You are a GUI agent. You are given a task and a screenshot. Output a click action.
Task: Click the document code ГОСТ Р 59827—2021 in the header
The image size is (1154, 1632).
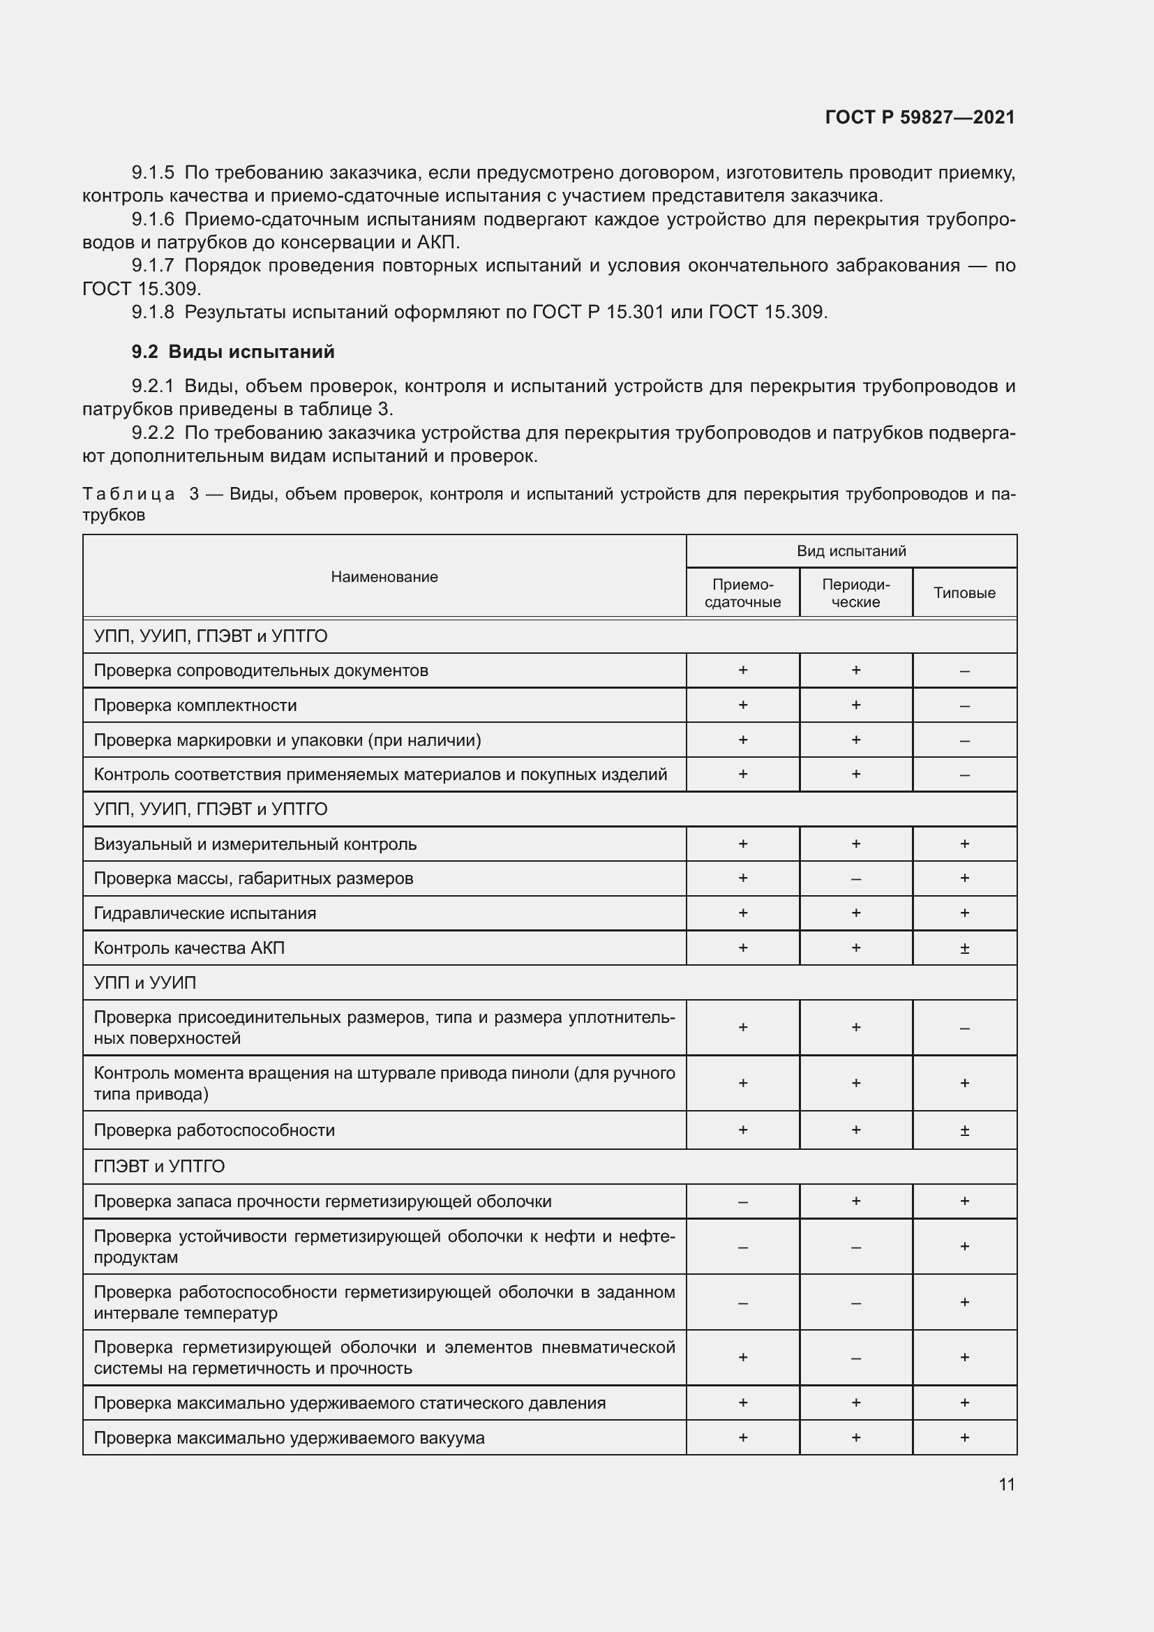(920, 117)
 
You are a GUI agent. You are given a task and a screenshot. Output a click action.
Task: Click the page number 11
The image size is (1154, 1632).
(1006, 1484)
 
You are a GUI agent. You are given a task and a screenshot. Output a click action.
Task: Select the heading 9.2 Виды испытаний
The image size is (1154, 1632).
(232, 352)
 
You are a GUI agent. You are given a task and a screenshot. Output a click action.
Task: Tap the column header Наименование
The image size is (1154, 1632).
(384, 576)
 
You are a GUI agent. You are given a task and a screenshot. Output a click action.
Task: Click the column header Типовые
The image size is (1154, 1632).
(964, 593)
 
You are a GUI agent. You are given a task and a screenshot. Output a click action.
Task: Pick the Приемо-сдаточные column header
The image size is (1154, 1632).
(742, 593)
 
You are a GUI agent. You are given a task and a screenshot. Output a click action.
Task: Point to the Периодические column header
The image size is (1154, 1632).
(855, 593)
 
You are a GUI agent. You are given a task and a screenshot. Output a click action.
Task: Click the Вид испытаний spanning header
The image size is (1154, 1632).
(850, 551)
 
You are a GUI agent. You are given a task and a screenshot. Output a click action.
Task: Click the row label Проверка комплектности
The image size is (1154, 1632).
(195, 705)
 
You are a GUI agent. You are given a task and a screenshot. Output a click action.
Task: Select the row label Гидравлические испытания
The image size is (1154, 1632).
(204, 913)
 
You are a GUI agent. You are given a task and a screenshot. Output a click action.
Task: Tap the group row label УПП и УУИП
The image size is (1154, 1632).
(144, 982)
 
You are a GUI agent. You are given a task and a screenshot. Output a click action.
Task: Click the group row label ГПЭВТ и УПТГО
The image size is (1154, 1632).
(158, 1167)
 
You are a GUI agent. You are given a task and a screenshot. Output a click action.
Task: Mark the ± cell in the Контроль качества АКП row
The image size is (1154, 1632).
(964, 948)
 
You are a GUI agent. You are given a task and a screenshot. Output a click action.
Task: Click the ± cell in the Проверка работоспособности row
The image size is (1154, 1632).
(964, 1130)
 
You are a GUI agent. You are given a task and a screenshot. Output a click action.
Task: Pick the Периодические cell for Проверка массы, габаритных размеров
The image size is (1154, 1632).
(855, 878)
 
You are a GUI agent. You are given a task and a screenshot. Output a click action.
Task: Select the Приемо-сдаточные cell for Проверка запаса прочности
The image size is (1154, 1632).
(742, 1201)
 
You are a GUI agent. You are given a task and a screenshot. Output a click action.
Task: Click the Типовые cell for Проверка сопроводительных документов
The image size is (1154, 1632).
(964, 671)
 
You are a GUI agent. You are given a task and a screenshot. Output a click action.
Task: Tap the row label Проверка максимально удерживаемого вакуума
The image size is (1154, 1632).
(289, 1438)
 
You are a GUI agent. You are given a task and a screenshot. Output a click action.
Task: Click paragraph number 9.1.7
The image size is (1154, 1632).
(152, 266)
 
